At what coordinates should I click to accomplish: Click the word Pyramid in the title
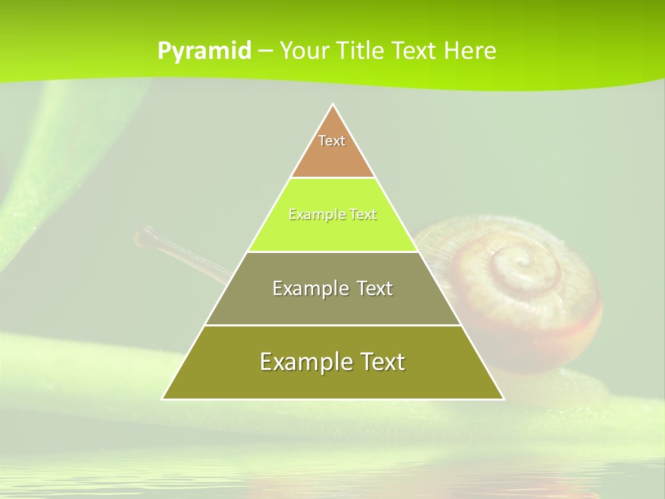tap(204, 51)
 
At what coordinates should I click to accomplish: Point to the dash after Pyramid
tap(265, 51)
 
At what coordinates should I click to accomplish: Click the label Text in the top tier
tap(332, 141)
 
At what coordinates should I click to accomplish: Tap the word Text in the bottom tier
tap(380, 362)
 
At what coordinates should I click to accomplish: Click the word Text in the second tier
tap(362, 215)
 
